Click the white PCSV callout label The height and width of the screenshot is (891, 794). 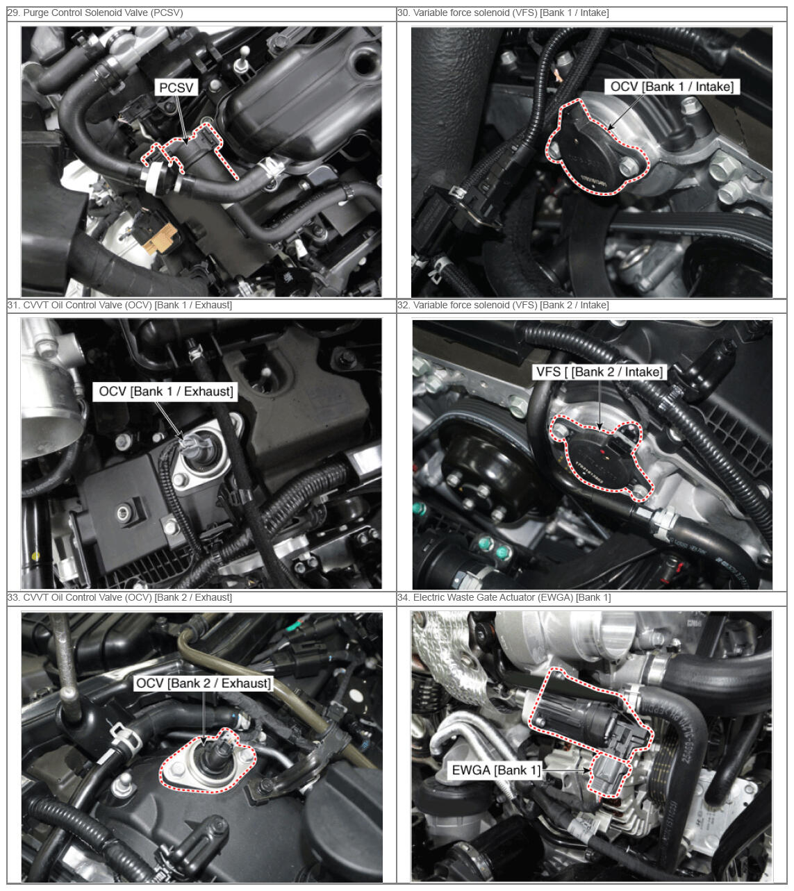176,88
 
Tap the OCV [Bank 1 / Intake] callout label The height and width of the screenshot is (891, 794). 672,87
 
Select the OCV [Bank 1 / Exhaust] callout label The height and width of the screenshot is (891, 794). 165,392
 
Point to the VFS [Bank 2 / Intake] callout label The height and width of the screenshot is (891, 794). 599,372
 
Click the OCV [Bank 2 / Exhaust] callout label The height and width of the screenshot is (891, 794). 203,683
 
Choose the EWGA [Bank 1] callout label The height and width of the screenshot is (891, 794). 496,770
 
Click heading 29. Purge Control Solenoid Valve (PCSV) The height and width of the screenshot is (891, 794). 95,13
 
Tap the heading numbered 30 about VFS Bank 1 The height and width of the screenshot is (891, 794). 503,13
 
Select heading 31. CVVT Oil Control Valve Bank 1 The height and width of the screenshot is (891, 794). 119,305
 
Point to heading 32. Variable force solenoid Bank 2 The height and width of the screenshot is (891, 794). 503,305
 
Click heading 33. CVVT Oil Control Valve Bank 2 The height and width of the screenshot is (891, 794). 119,597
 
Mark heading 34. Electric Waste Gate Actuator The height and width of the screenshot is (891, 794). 504,597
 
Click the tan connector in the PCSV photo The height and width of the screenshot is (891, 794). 162,238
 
